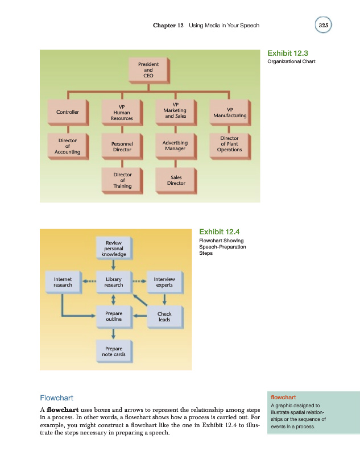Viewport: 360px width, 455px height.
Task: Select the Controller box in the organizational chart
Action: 67,112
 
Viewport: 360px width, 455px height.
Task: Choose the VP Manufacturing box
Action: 229,112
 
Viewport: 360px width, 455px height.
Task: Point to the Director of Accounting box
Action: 67,145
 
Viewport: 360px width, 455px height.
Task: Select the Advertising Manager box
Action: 175,146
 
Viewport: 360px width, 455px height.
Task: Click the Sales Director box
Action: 175,180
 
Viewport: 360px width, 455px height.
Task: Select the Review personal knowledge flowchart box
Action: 114,249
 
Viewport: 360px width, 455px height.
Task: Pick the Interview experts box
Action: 164,282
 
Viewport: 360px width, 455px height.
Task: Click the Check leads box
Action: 164,316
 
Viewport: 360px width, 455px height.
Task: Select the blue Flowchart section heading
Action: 56,398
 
